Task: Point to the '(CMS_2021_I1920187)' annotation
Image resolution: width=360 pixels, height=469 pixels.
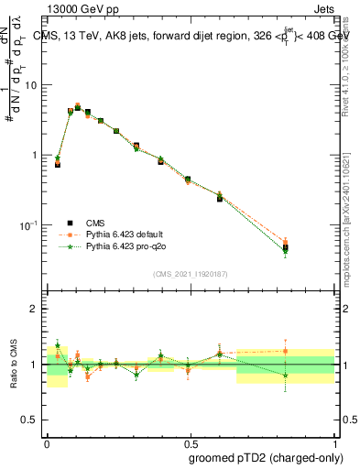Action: [x=190, y=274]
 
